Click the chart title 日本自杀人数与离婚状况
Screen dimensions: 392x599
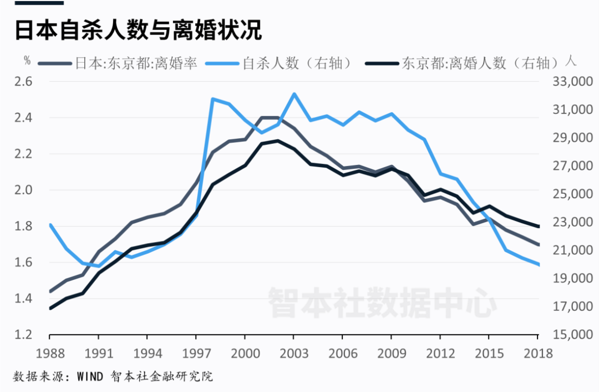[x=138, y=31]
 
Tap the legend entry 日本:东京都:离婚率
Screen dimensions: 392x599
[x=136, y=63]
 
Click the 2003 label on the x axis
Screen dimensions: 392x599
[x=293, y=353]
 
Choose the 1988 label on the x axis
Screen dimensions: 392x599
[x=50, y=353]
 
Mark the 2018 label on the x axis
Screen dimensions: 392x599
[x=537, y=353]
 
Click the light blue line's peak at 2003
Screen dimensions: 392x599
[x=294, y=94]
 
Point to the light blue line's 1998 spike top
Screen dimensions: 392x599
[x=212, y=99]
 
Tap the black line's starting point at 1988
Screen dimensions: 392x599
[x=50, y=308]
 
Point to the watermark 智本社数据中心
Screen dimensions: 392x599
[x=382, y=301]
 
